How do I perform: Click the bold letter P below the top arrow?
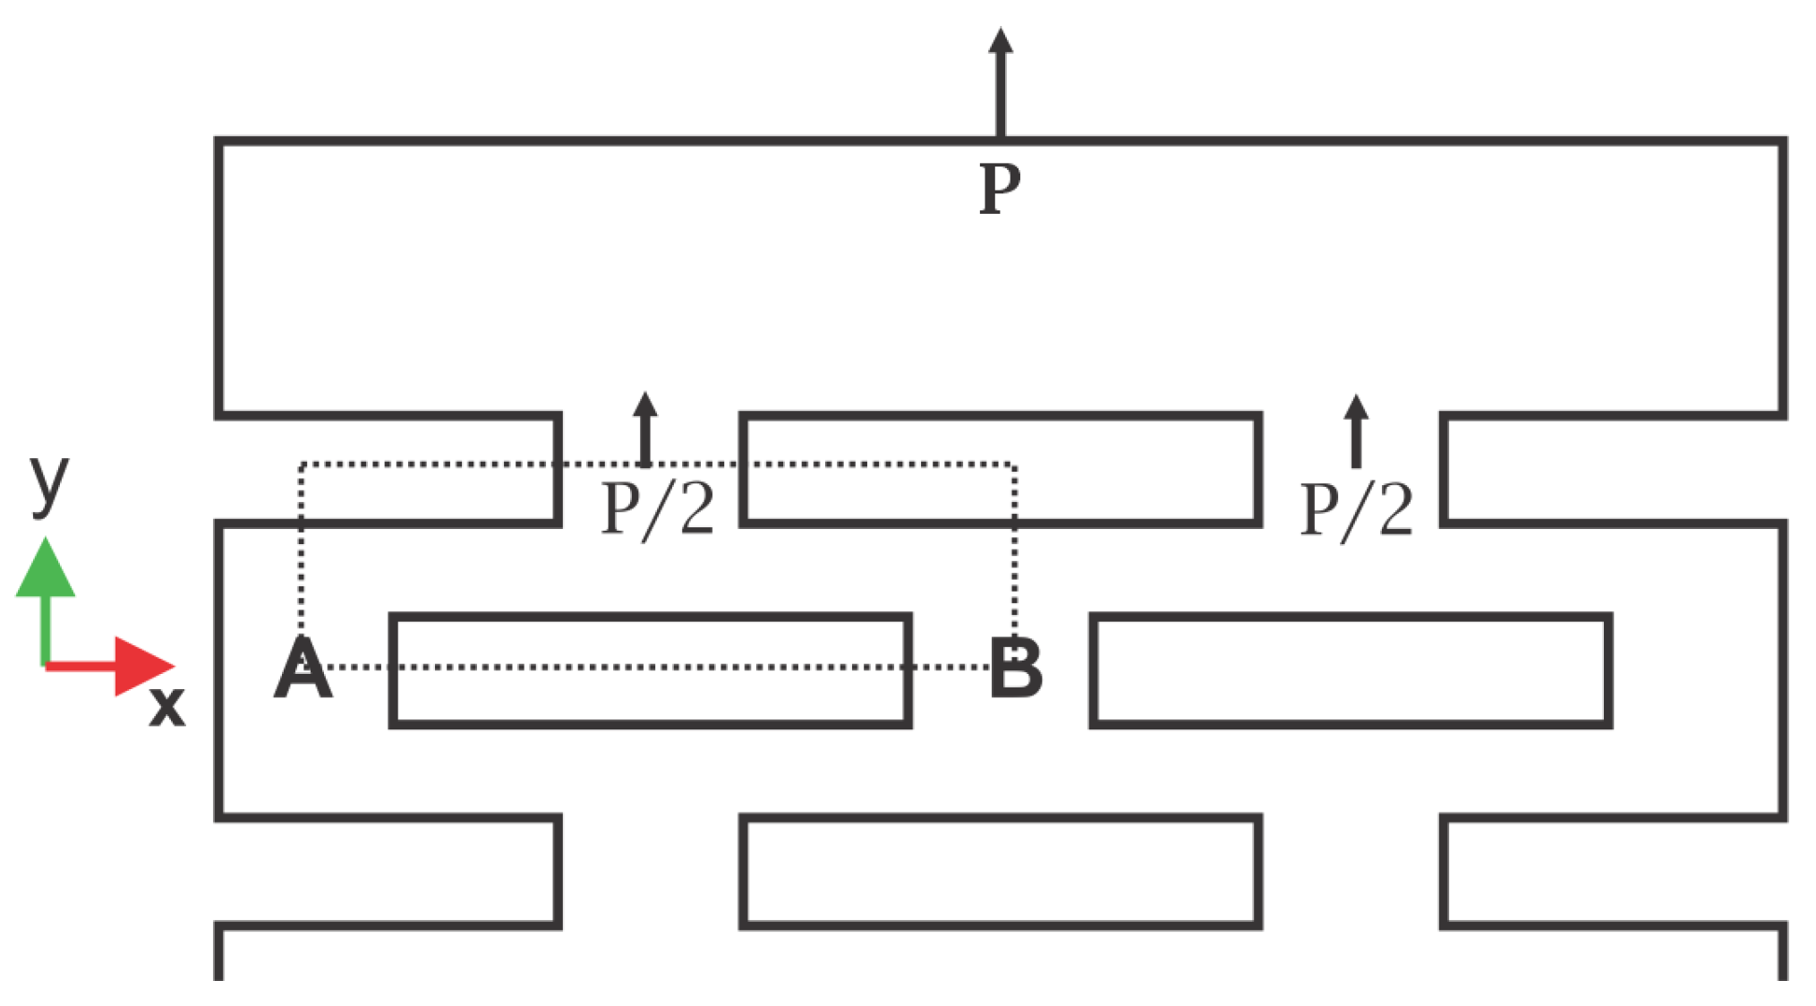pyautogui.click(x=999, y=189)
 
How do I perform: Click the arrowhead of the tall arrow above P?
pyautogui.click(x=1000, y=39)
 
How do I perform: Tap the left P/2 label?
pyautogui.click(x=658, y=508)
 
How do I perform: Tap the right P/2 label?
pyautogui.click(x=1356, y=509)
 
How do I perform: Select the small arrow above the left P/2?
pyautogui.click(x=644, y=429)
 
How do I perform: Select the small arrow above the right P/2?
pyautogui.click(x=1356, y=431)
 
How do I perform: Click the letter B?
pyautogui.click(x=1016, y=669)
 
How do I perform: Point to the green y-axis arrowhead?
pyautogui.click(x=46, y=568)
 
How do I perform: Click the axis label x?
pyautogui.click(x=166, y=706)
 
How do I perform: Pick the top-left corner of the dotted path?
pyautogui.click(x=302, y=465)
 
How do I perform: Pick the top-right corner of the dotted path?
pyautogui.click(x=1014, y=465)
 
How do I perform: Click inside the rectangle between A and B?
pyautogui.click(x=651, y=694)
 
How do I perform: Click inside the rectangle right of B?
pyautogui.click(x=1351, y=670)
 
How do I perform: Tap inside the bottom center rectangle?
pyautogui.click(x=1001, y=872)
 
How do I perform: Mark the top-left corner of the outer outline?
pyautogui.click(x=218, y=141)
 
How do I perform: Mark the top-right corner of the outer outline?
pyautogui.click(x=1783, y=141)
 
